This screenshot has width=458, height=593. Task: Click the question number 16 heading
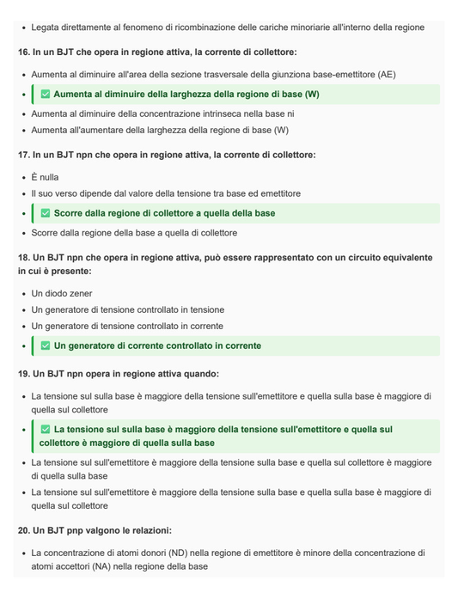[23, 52]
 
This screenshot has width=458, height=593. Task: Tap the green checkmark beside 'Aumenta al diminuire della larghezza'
[46, 95]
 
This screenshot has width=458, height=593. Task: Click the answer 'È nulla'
[45, 177]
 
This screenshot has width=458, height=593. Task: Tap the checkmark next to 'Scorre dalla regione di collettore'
[46, 213]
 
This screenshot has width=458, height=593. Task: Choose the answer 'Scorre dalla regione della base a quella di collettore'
[134, 233]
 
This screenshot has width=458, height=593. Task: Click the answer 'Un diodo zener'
[62, 293]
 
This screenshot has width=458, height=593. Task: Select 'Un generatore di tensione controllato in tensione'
[127, 309]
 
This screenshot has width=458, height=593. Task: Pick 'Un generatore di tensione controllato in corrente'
[127, 326]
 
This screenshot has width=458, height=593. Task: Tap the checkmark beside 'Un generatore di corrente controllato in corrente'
[46, 346]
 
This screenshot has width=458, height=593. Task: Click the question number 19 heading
[23, 374]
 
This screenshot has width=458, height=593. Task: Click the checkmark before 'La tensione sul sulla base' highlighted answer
[46, 429]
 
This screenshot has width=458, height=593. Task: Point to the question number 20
[23, 530]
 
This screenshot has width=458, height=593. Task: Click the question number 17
[23, 155]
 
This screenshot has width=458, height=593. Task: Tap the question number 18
[23, 258]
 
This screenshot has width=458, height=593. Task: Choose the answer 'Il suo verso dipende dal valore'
[166, 193]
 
